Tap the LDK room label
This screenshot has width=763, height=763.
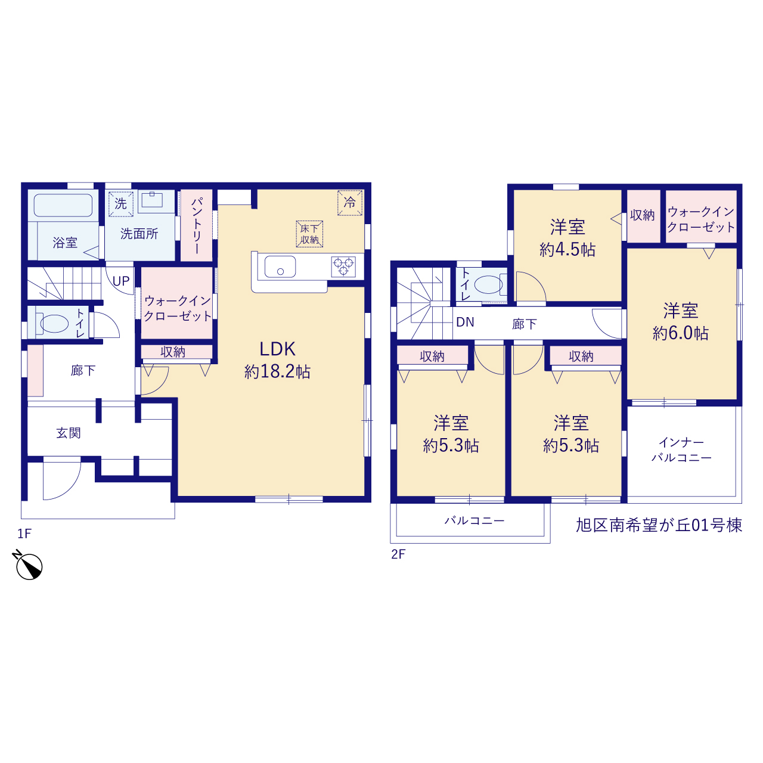[277, 349]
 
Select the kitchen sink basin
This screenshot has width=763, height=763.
[280, 266]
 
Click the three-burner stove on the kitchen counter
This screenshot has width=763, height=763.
[343, 266]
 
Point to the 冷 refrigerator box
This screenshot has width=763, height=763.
[350, 203]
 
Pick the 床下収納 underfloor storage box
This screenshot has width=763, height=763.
[309, 234]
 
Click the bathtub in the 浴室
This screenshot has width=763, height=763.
[63, 206]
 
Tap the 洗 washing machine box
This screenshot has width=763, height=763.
[121, 204]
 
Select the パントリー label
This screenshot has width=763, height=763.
[196, 226]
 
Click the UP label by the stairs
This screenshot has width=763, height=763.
[121, 281]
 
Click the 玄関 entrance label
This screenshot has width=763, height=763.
[69, 433]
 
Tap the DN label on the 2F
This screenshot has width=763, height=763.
[465, 322]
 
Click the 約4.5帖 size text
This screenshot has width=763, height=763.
[567, 250]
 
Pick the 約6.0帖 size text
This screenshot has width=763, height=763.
[681, 333]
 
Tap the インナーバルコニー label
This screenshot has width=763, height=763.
[681, 450]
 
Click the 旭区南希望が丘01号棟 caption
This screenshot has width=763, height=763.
[659, 525]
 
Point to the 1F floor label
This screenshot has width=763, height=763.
[24, 534]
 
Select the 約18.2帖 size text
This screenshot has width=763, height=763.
[277, 371]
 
